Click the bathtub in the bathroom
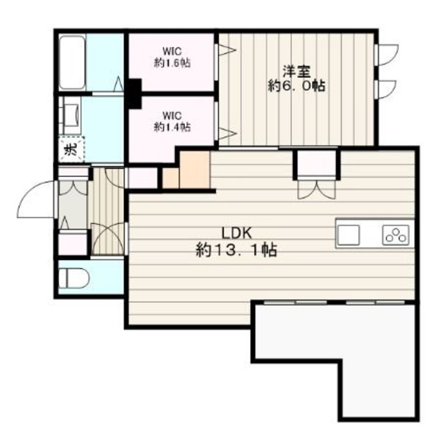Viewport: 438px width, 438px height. click(72, 62)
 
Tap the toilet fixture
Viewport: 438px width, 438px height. click(77, 278)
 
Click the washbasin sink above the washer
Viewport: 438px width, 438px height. click(71, 115)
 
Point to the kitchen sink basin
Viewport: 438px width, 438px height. click(348, 235)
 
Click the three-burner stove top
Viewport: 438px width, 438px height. click(396, 235)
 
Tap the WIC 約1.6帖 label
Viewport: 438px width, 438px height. click(172, 57)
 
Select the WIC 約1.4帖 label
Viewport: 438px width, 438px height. click(172, 122)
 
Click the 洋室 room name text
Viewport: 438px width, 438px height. click(297, 71)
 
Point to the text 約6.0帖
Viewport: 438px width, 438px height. click(297, 85)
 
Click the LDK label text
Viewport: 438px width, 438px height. click(237, 233)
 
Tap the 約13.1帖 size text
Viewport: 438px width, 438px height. click(237, 250)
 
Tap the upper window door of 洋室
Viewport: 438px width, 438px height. click(387, 55)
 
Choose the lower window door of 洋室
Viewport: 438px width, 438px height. click(385, 89)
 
